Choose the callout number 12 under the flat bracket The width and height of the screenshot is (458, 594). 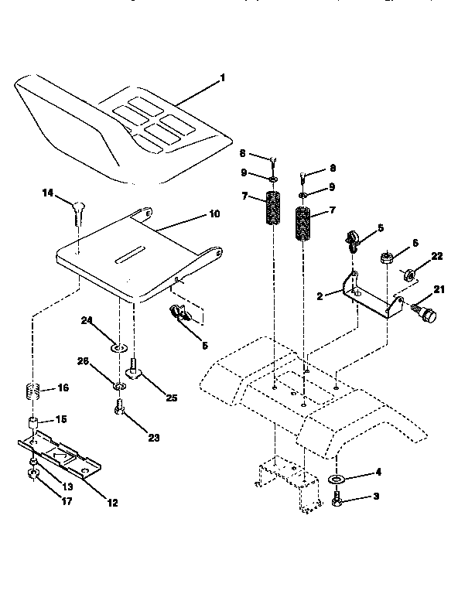tap(112, 502)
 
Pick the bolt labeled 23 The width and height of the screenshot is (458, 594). tap(118, 406)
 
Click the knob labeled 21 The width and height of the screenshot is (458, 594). tap(426, 316)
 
